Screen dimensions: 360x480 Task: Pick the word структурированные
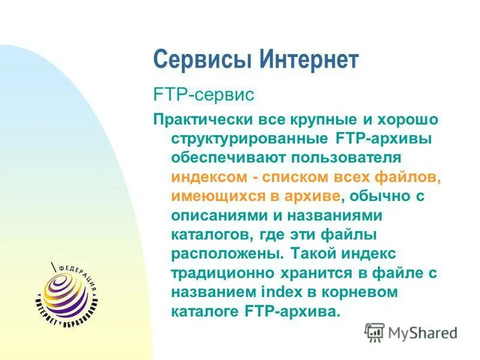coord(248,139)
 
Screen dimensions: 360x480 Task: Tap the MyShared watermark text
coord(422,332)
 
